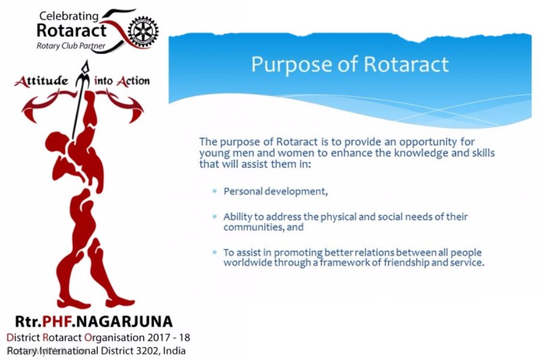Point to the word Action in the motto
coord(133,81)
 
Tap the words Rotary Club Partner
coord(70,45)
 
